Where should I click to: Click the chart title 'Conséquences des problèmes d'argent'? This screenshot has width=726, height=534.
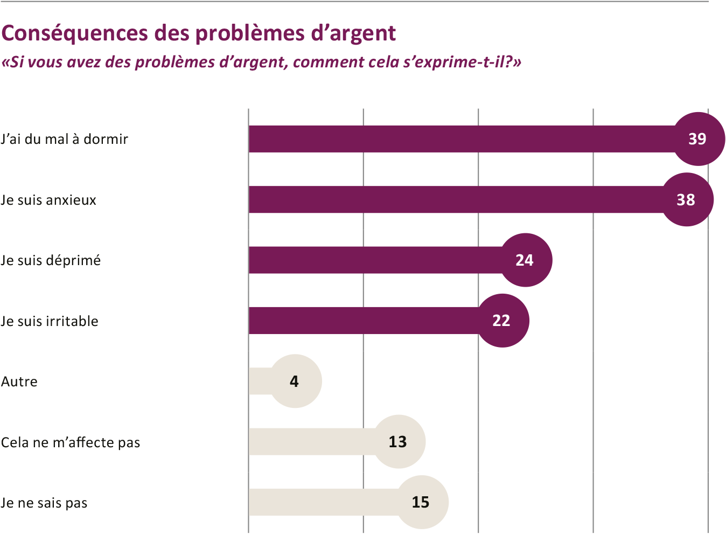(x=198, y=33)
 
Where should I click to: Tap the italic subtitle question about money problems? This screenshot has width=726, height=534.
(x=261, y=63)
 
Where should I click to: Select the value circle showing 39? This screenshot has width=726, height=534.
(x=698, y=139)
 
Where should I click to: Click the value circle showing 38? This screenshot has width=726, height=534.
(x=687, y=200)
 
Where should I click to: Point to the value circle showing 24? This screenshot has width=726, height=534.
(x=525, y=260)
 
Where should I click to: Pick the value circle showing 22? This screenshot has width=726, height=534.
(x=502, y=321)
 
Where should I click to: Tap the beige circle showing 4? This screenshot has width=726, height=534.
(x=295, y=382)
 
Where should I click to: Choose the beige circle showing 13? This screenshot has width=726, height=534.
(x=399, y=442)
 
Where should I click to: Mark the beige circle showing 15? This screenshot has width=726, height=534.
(x=422, y=502)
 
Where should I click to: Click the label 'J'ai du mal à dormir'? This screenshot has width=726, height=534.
(x=65, y=139)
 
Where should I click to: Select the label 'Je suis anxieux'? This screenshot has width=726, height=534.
(x=48, y=200)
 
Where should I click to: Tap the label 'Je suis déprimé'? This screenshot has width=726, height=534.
(x=51, y=260)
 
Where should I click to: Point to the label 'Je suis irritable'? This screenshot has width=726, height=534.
(x=50, y=321)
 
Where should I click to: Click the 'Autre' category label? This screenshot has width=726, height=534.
(x=19, y=382)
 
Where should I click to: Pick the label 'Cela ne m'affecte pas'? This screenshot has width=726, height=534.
(x=71, y=442)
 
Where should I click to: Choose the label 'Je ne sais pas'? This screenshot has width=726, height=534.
(x=44, y=503)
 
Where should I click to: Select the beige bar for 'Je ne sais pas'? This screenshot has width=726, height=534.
(x=323, y=502)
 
